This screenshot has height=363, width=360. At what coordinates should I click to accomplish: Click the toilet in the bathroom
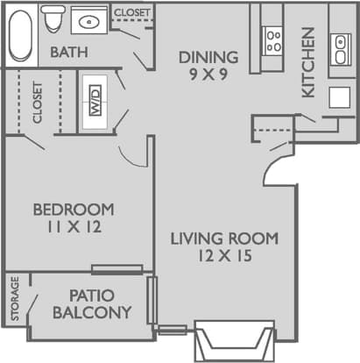[54, 18]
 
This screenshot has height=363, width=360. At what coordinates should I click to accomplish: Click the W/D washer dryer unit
[94, 103]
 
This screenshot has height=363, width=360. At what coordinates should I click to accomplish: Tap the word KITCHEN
[307, 62]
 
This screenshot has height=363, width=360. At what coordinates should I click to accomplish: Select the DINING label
[208, 58]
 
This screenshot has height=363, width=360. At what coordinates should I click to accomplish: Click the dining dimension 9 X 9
[208, 75]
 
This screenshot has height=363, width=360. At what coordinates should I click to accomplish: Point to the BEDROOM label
[74, 210]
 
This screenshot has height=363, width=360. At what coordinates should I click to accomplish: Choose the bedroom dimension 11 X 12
[74, 228]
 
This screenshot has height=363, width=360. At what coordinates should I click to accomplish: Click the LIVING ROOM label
[224, 238]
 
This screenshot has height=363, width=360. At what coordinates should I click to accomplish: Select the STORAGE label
[15, 299]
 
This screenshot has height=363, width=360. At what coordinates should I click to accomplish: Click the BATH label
[68, 53]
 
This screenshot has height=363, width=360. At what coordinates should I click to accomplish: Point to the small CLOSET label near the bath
[132, 13]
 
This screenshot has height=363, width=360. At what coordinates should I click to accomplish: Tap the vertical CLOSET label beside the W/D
[38, 103]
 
